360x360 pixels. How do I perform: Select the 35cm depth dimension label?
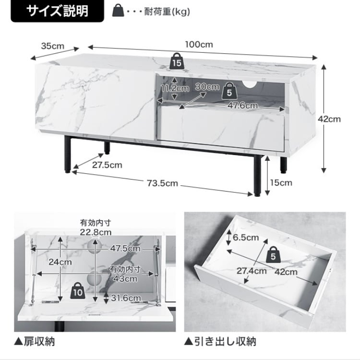(x=52, y=46)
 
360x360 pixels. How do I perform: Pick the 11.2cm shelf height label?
(x=175, y=88)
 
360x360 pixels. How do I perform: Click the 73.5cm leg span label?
(x=163, y=183)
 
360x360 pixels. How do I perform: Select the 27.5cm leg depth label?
(x=107, y=165)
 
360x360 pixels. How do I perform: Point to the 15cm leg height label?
(x=281, y=182)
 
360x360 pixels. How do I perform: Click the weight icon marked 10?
(x=78, y=289)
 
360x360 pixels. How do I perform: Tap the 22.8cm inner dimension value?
(x=96, y=232)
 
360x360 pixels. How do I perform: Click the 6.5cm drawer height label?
(x=246, y=237)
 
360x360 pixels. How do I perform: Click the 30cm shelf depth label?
(x=207, y=87)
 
